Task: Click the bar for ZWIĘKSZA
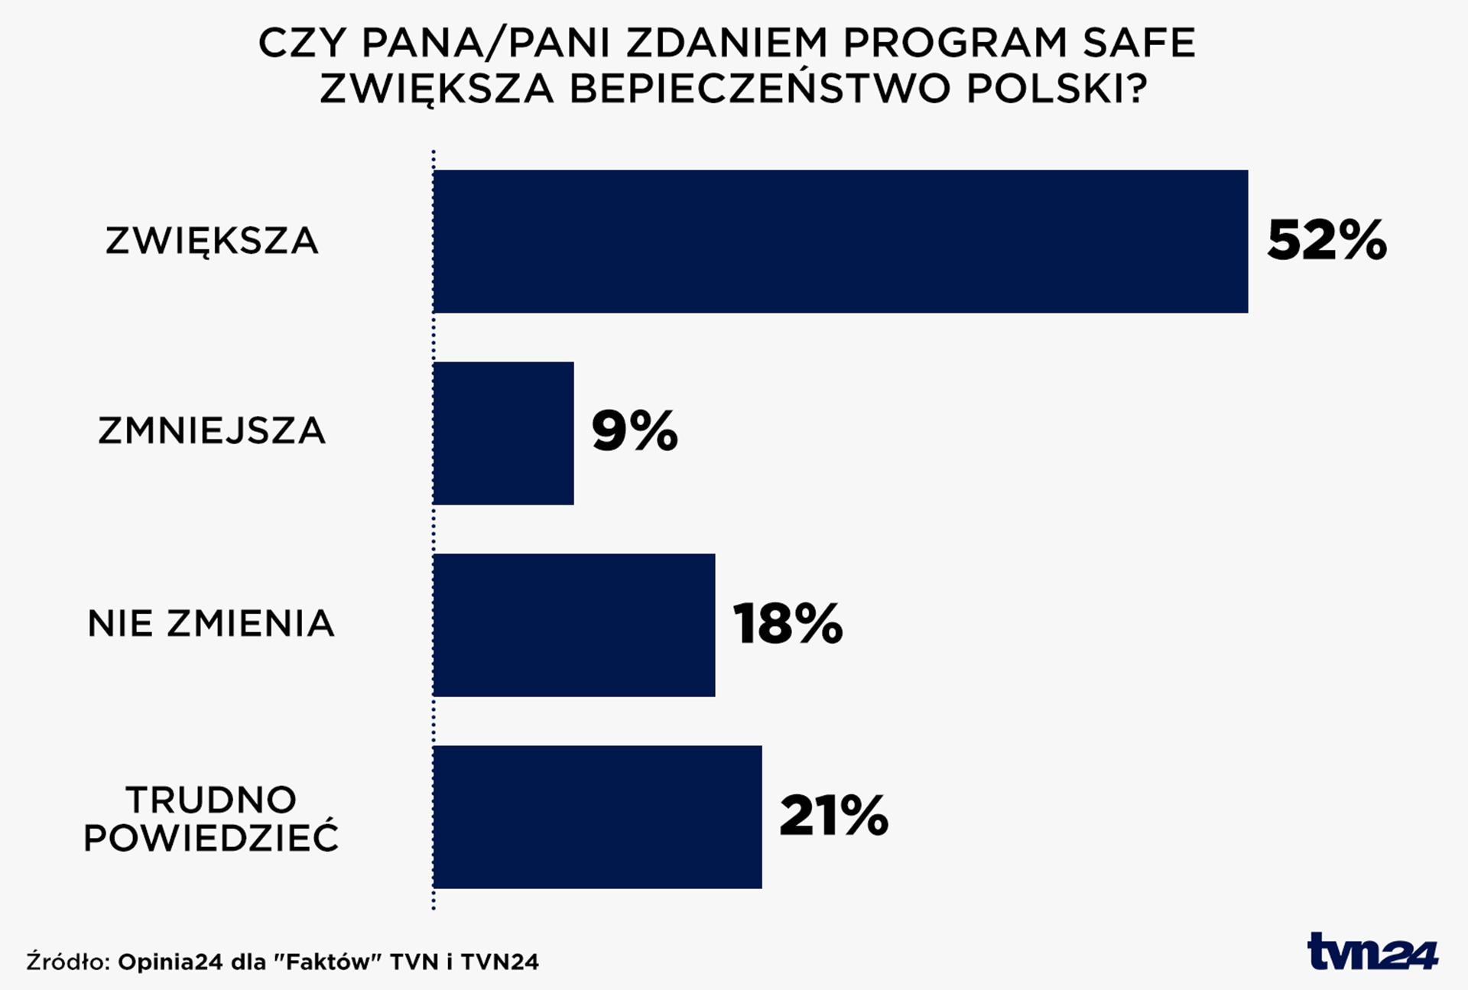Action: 840,242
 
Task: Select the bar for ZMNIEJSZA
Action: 503,433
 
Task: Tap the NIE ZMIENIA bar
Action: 573,625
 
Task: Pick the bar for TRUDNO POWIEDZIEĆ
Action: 596,817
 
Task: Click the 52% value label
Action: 1326,241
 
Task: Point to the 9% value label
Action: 634,431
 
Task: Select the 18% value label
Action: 788,624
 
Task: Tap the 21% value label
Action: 833,816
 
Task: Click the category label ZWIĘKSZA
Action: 211,242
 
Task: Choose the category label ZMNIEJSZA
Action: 211,431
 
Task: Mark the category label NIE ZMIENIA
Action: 211,624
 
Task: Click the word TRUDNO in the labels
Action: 211,800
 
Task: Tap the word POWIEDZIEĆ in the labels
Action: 211,838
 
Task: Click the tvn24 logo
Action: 1372,953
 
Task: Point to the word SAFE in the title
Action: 1138,43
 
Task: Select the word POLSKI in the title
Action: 1057,89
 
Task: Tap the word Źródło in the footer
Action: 69,962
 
